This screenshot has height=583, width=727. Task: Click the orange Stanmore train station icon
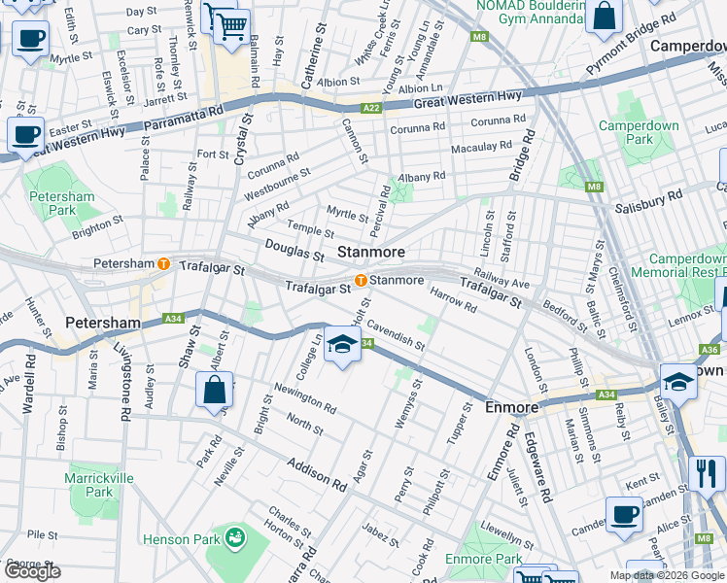tap(361, 281)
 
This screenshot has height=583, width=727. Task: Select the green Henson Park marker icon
tap(233, 535)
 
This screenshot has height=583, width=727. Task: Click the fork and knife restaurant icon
tap(707, 474)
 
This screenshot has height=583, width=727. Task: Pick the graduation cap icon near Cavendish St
tap(341, 346)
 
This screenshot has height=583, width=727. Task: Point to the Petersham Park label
tap(61, 203)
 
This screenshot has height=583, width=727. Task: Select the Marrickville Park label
tap(90, 485)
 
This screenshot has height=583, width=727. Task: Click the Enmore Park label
tap(483, 559)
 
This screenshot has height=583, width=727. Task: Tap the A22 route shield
tap(370, 109)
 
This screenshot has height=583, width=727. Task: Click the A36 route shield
tap(710, 349)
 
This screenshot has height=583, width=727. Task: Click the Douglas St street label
tap(294, 251)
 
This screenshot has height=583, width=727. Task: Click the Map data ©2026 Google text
tap(667, 575)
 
